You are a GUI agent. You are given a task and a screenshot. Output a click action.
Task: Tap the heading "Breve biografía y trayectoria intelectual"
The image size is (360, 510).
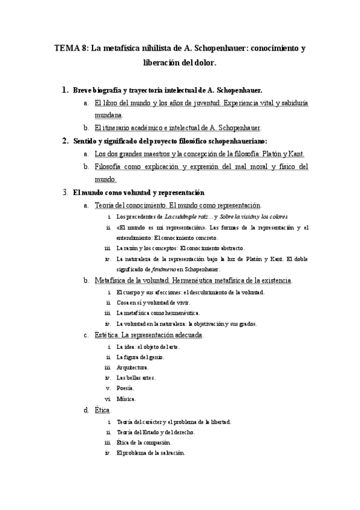(x=142, y=90)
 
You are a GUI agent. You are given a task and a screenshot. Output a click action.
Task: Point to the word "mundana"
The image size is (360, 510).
(x=108, y=114)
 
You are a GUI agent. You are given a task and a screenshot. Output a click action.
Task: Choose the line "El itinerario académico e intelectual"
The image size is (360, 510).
(x=177, y=128)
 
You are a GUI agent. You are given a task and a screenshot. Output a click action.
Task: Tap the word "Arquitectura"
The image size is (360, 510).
(x=132, y=367)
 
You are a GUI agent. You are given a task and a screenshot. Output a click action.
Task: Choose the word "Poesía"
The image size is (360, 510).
(x=126, y=388)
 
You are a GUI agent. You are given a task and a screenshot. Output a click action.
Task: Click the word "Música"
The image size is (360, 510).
(x=126, y=399)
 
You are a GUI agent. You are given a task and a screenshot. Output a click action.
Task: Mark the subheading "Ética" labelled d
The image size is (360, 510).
(x=103, y=410)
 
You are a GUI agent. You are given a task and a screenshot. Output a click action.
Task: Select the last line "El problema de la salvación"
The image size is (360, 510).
(x=151, y=453)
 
